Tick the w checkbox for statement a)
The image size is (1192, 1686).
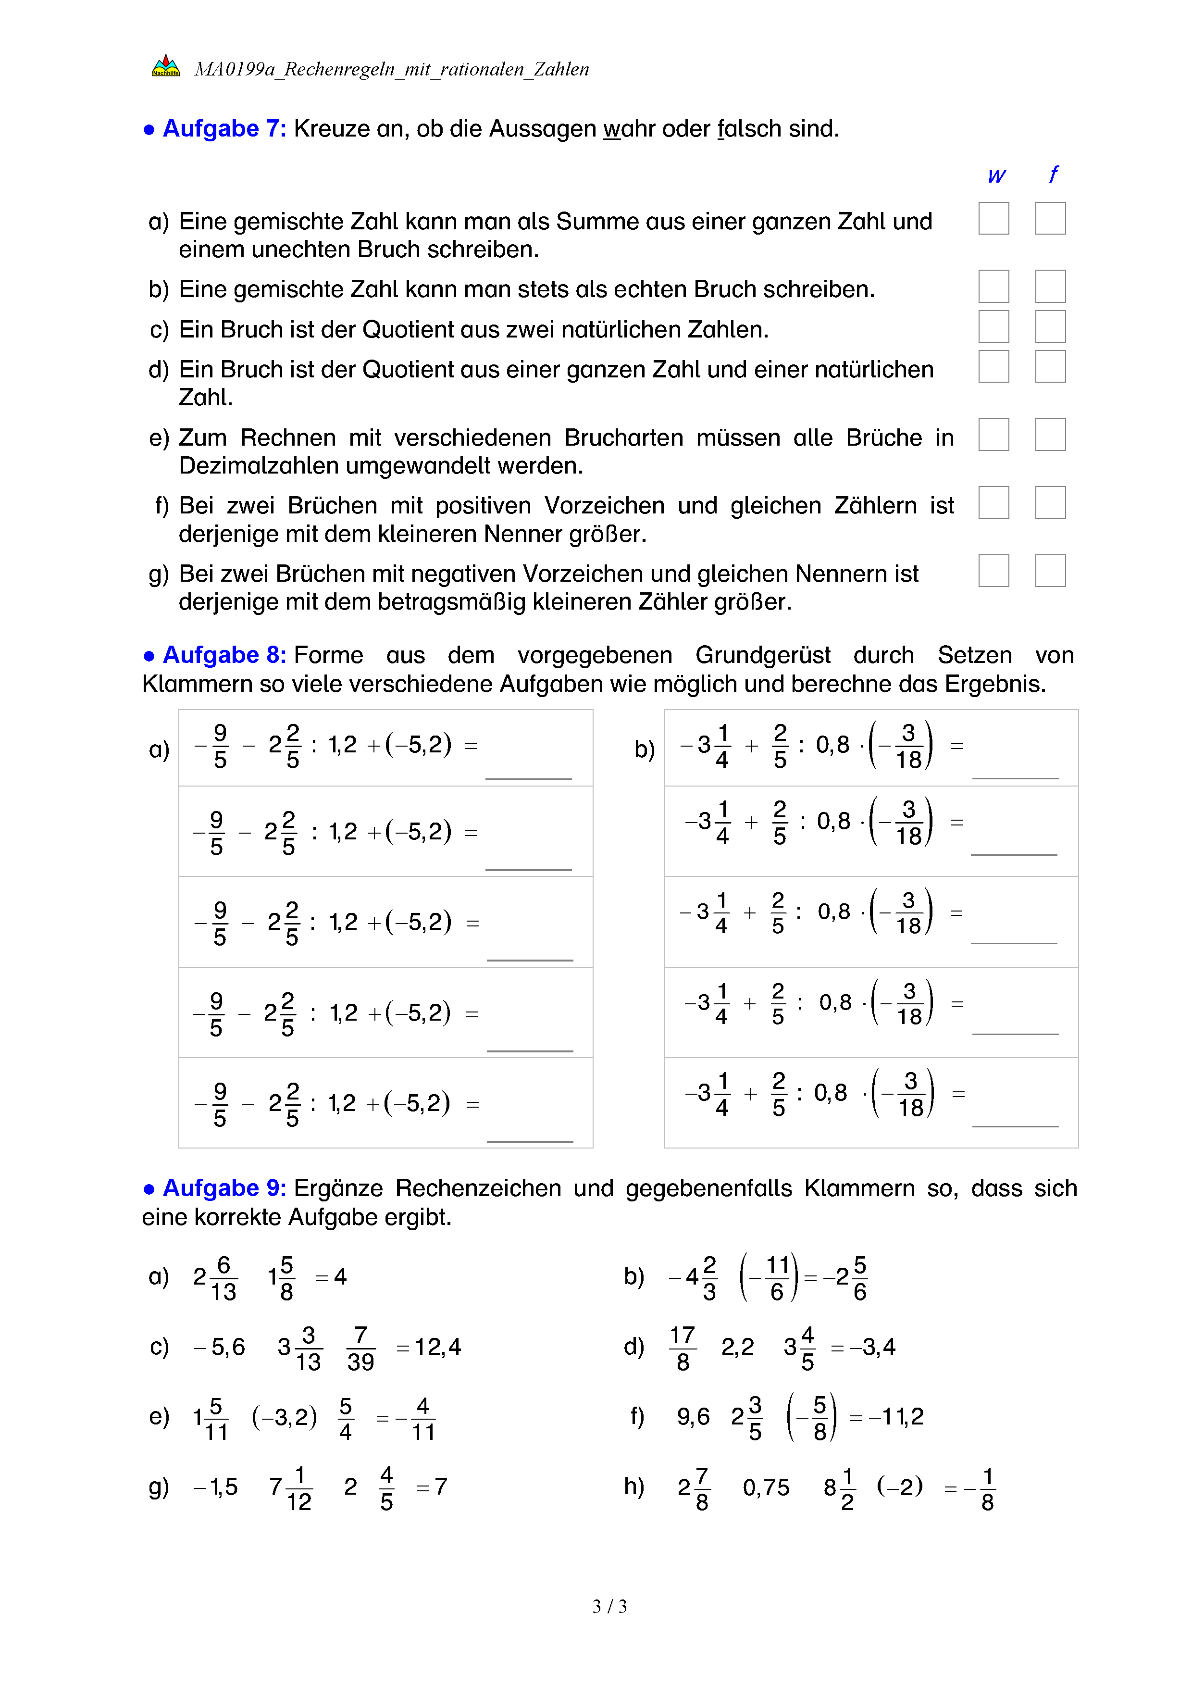coord(993,218)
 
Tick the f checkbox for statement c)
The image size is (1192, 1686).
coord(1050,326)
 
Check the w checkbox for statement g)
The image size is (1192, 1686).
coord(993,571)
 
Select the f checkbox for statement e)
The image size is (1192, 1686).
coord(1050,435)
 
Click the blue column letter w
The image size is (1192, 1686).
coord(995,175)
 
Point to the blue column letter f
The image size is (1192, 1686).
coord(1053,174)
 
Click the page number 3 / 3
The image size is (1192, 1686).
coord(609,1607)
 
